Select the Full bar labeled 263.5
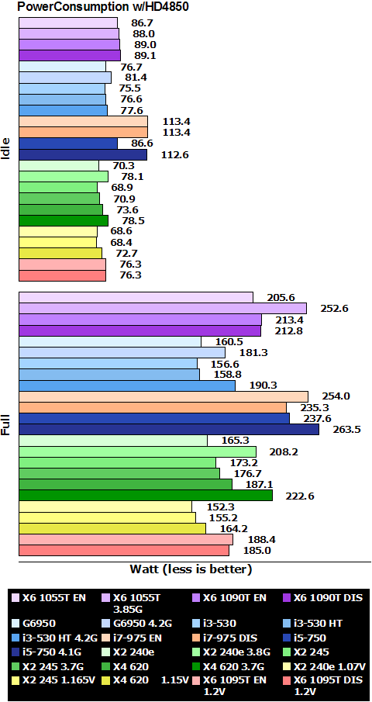tap(168, 430)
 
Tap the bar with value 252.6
tap(162, 309)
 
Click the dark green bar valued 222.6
tap(145, 495)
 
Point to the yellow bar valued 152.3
tap(105, 507)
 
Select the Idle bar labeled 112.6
tap(82, 154)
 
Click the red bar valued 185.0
tap(123, 550)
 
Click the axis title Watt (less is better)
tap(191, 569)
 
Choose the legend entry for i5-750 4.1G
tap(50, 652)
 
